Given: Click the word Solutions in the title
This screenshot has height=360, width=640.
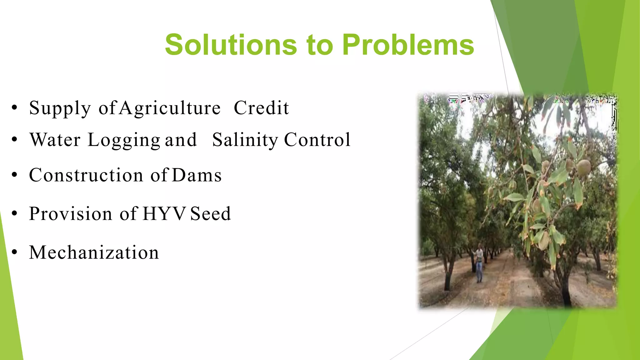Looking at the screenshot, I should coord(231,45).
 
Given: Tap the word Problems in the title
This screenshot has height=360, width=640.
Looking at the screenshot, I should coord(408,45).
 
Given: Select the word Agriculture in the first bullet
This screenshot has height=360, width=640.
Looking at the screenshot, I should coord(170,108).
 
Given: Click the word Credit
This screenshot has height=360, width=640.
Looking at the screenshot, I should coord(261,108).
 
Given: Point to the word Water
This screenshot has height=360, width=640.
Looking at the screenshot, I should coord(55,140).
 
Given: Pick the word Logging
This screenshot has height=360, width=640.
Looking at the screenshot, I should coord(124,140).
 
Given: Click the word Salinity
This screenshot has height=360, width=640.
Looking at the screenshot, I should coord(245,140).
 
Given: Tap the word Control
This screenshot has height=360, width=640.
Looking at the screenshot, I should coord(317,140).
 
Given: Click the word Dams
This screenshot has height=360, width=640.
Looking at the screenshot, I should coord(197,175).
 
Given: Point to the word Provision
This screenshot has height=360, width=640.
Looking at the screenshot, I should coord(71,214).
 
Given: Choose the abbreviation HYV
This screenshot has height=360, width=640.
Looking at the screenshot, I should coord(164,214).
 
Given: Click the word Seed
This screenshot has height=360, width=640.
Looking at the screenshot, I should coord(210,214).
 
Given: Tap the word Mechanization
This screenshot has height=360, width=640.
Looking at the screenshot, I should coord(94,252).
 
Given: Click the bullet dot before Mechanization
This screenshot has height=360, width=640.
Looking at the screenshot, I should coord(14,252).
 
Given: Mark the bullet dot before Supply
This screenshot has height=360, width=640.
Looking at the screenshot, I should coord(14,108).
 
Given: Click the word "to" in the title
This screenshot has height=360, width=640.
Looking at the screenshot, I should coord(319,45).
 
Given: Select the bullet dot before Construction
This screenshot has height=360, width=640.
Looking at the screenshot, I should coord(14,175).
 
